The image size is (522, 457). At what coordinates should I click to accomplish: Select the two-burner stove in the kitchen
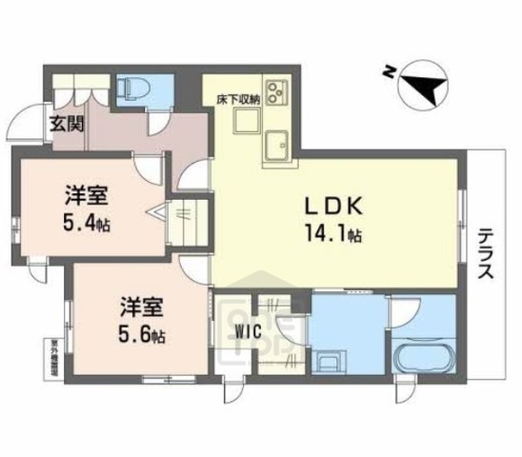[x=277, y=92]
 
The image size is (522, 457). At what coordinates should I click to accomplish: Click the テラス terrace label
[x=485, y=252]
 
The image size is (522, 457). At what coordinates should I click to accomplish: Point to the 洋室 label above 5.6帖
[x=140, y=308]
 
